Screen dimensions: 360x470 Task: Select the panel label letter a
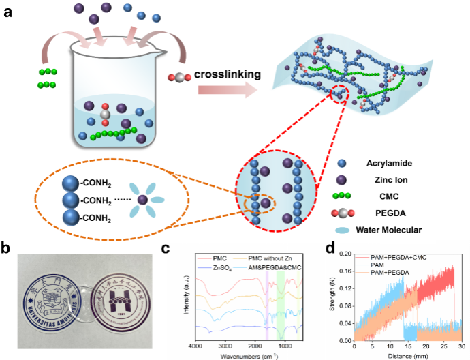pyautogui.click(x=9, y=11)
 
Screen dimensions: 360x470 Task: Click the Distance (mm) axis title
pyautogui.click(x=406, y=355)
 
